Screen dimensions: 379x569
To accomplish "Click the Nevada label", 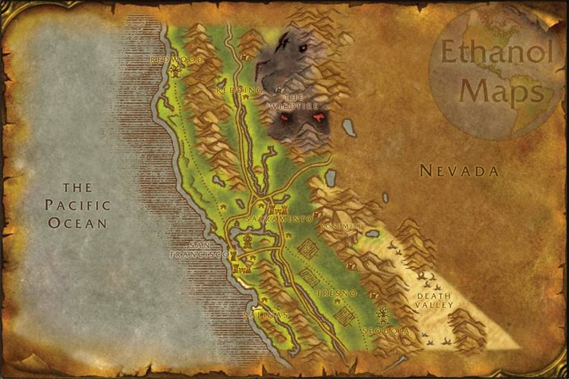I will point(459,171).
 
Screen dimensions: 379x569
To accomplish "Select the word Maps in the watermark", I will point(502,90).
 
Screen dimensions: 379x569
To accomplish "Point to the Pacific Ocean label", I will point(77,205).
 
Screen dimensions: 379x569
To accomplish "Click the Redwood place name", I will point(177,60).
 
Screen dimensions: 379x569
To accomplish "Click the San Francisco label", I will point(199,249).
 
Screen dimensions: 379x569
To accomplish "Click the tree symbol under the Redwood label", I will point(176,71).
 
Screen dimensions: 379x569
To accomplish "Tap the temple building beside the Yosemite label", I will point(352,236).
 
